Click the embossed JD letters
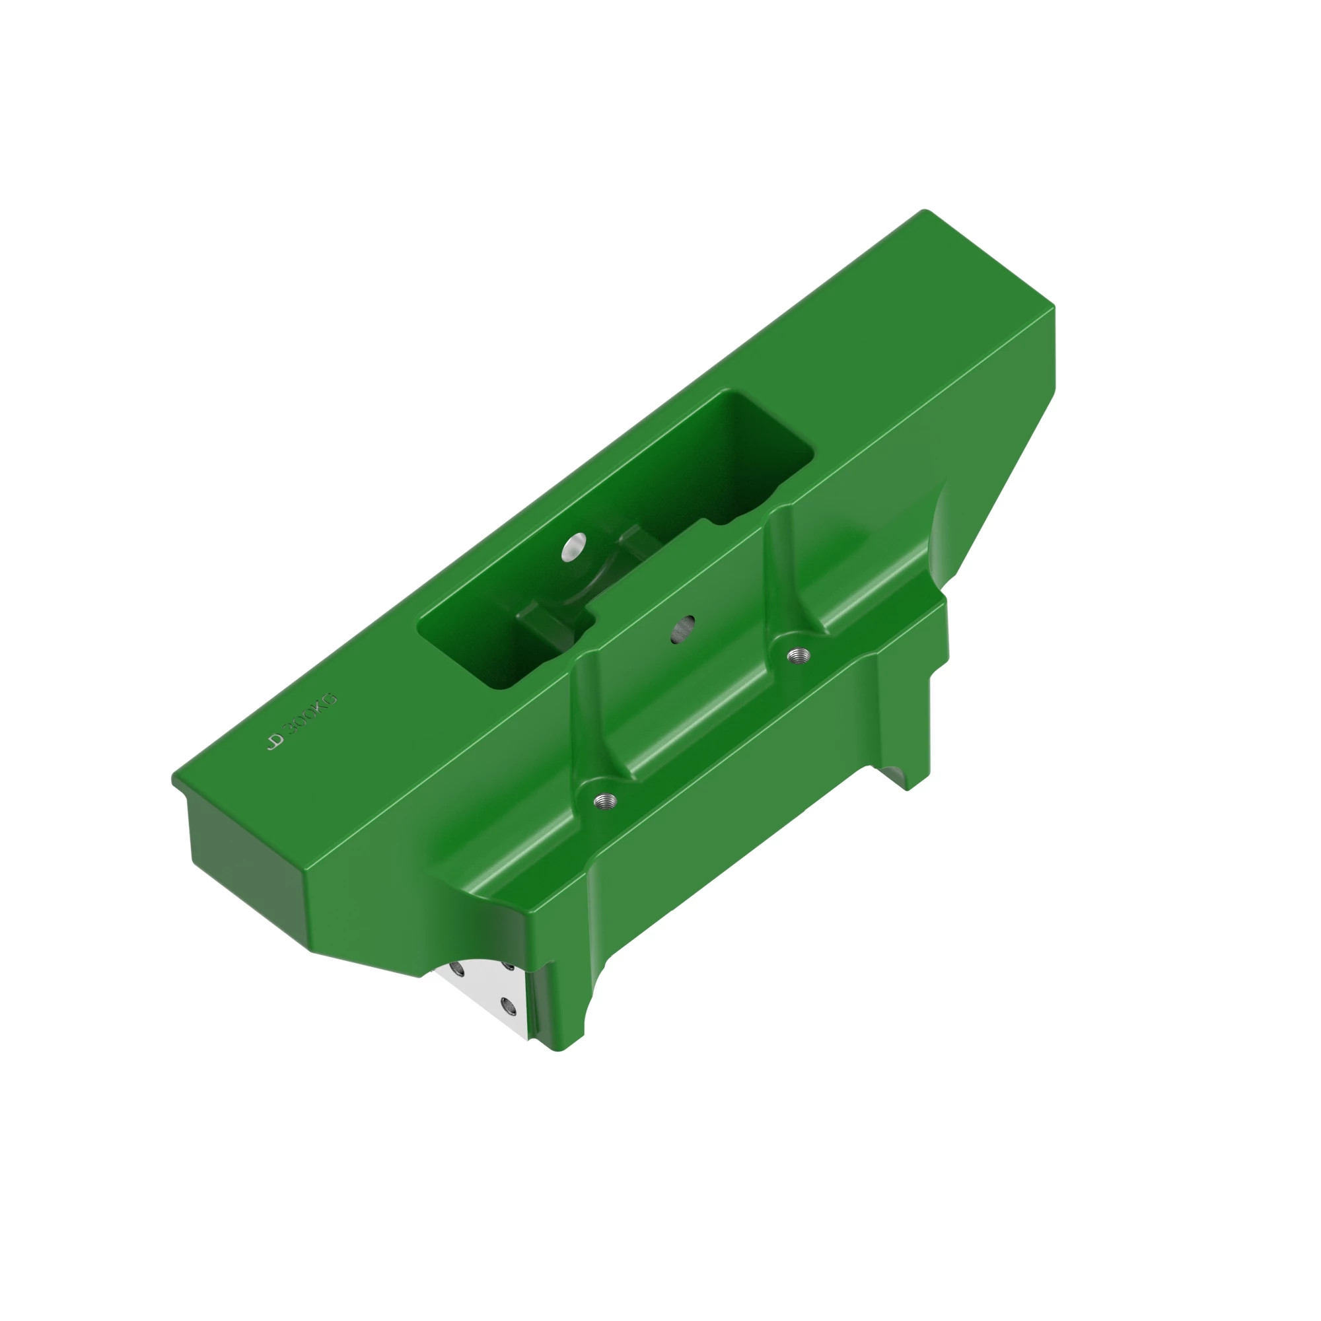coord(275,742)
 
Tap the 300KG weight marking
coord(312,715)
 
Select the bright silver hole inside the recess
coord(574,546)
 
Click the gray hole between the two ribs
coord(683,628)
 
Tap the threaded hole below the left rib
coord(604,799)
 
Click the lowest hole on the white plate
coord(507,1005)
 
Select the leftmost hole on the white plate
coord(457,969)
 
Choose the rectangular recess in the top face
coord(616,540)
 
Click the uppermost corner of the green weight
coord(924,212)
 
